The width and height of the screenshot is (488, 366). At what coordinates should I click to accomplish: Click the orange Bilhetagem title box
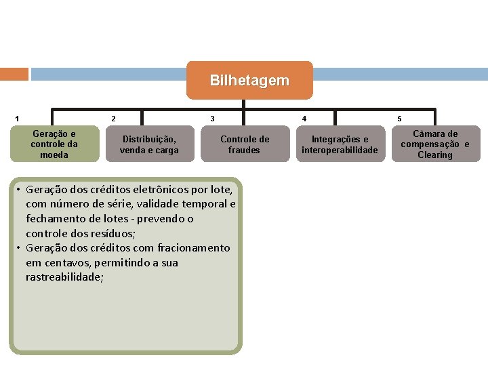click(249, 81)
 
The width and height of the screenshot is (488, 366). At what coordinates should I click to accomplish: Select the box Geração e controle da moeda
click(54, 144)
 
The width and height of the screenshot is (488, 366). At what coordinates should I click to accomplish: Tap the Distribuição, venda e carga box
click(149, 144)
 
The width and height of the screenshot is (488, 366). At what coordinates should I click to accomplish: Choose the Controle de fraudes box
click(244, 144)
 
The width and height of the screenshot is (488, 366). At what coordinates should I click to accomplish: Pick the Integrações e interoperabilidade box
click(340, 144)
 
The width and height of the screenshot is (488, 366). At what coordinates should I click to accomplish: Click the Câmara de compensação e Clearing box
click(434, 144)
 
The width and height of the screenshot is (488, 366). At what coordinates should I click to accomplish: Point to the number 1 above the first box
click(17, 119)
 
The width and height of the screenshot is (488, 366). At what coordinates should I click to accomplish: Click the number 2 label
click(113, 119)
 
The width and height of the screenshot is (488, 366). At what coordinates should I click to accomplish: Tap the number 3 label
click(212, 119)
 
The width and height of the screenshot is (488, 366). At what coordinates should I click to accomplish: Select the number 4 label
click(304, 119)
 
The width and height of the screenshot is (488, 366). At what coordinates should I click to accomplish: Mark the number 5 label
click(399, 119)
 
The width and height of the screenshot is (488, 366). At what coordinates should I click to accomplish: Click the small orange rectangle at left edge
click(14, 74)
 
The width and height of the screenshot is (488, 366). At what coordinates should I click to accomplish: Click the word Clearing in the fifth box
click(434, 155)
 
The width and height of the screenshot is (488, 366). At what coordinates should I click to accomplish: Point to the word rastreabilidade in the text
click(64, 277)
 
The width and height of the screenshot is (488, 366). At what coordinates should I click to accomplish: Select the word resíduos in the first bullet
click(114, 233)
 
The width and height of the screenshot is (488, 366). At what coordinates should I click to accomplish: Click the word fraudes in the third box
click(244, 150)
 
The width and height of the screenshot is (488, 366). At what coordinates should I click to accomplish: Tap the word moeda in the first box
click(54, 155)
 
